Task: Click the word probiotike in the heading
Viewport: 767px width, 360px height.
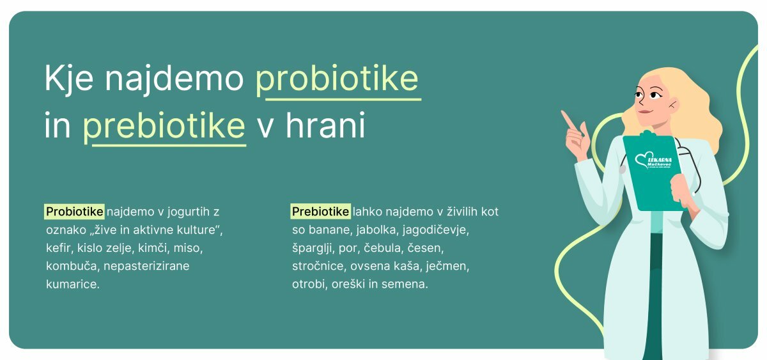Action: [x=337, y=79]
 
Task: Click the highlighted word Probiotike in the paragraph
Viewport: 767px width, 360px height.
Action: [x=74, y=212]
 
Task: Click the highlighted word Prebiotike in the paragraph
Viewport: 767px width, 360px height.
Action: [x=320, y=212]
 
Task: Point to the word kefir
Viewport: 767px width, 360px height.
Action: [x=58, y=247]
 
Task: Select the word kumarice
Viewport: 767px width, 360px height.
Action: [x=73, y=284]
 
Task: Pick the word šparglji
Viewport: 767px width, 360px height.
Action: [x=313, y=248]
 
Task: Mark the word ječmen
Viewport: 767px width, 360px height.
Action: [x=447, y=266]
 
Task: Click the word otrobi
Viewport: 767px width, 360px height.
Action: [x=309, y=284]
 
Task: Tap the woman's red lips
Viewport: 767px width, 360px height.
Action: [x=644, y=112]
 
